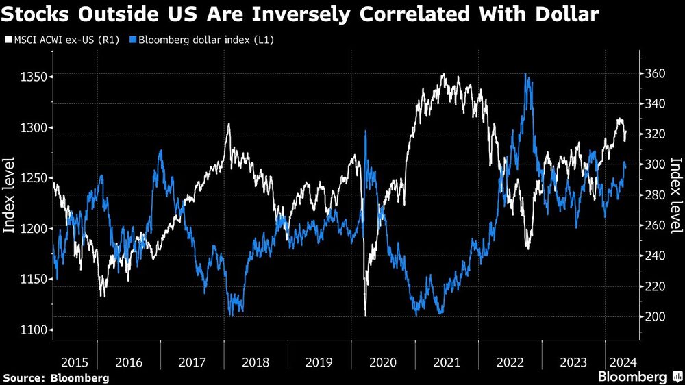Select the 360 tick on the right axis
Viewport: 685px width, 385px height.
pyautogui.click(x=655, y=73)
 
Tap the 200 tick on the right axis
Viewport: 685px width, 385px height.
pyautogui.click(x=655, y=316)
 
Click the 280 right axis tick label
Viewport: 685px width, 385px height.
pyautogui.click(x=655, y=195)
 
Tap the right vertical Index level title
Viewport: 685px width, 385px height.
pyautogui.click(x=675, y=195)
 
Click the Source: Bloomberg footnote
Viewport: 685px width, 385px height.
pyautogui.click(x=56, y=377)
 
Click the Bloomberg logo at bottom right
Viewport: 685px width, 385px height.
pyautogui.click(x=638, y=377)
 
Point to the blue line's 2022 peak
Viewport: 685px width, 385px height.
pyautogui.click(x=526, y=74)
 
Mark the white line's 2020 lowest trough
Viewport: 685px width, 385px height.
pyautogui.click(x=365, y=315)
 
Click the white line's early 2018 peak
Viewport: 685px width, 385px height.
pyautogui.click(x=228, y=124)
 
